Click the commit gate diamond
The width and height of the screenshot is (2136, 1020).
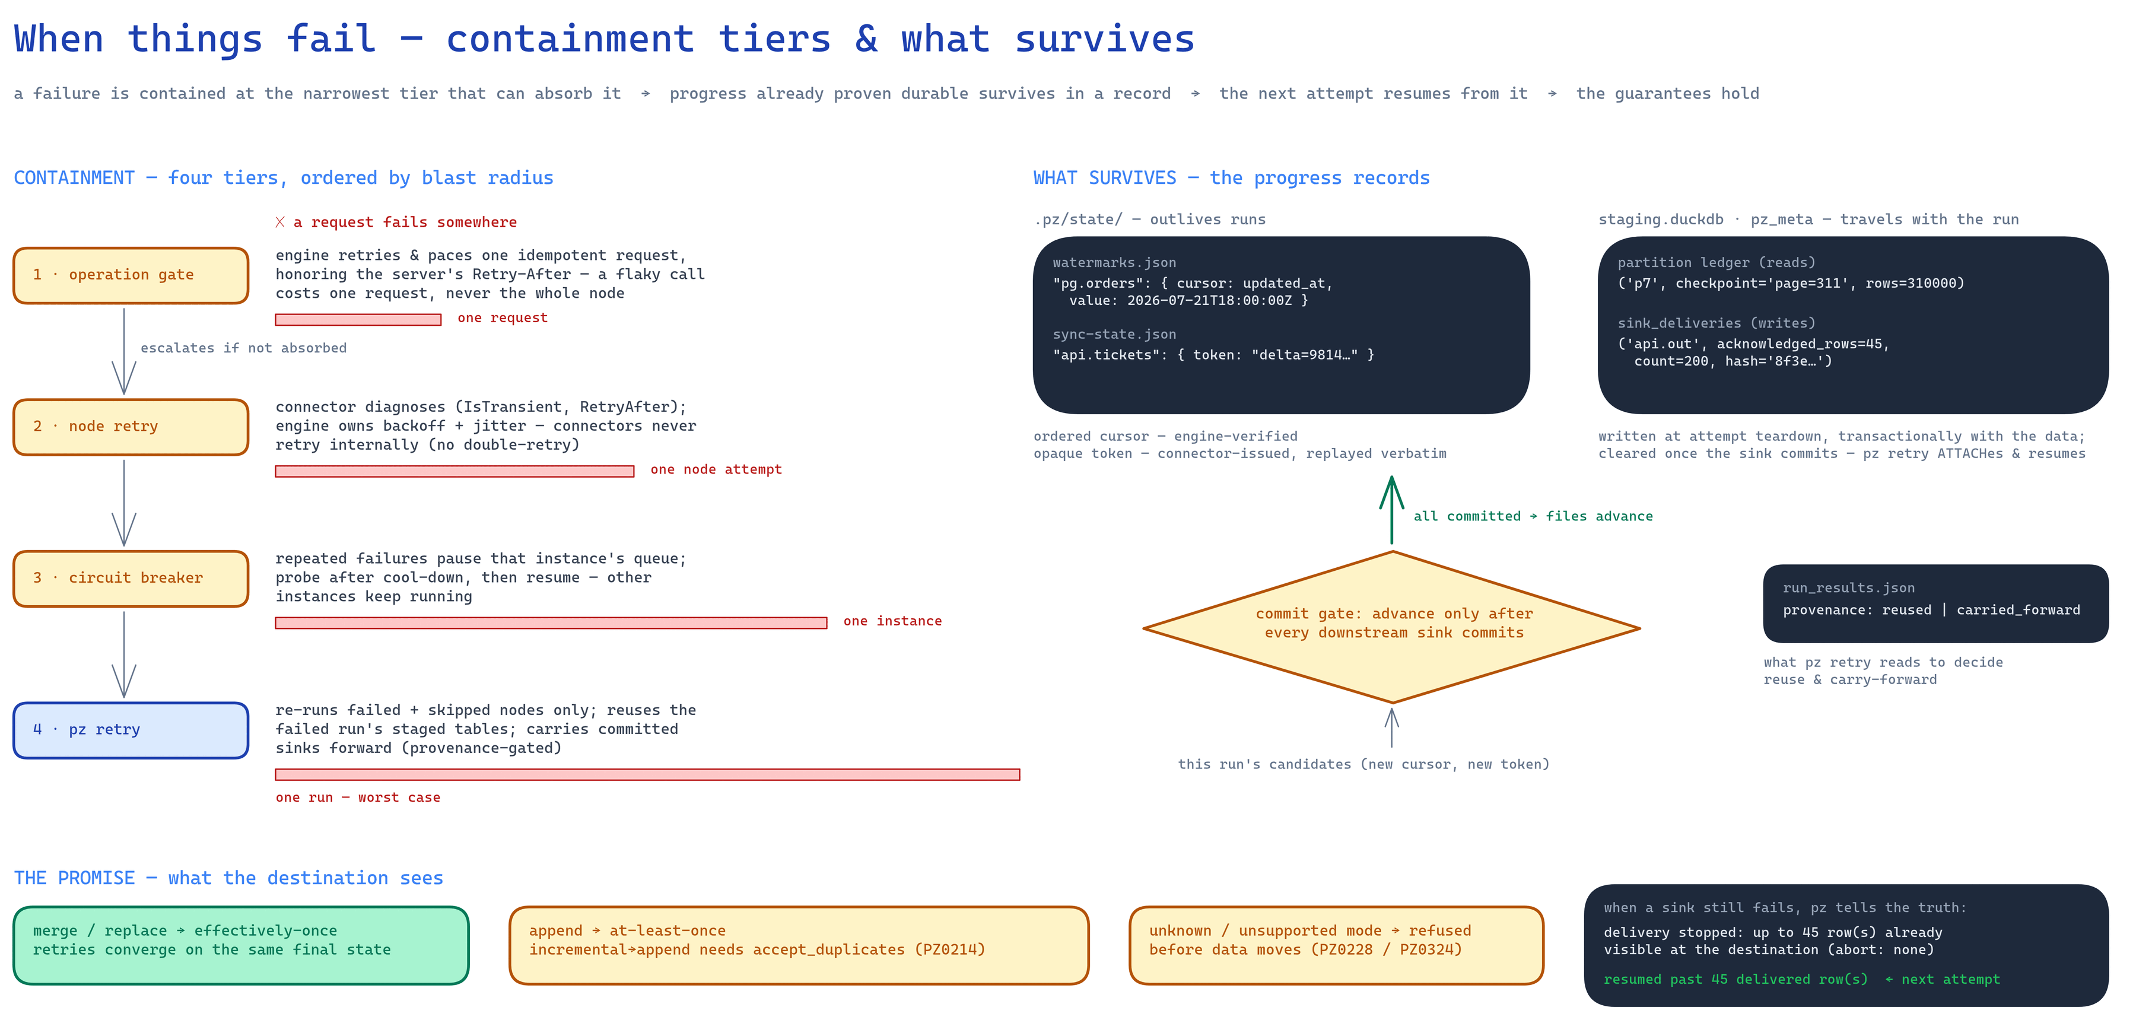pyautogui.click(x=1391, y=628)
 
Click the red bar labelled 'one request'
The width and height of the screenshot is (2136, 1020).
pyautogui.click(x=358, y=319)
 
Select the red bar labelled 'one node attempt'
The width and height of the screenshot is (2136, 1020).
pyautogui.click(x=454, y=471)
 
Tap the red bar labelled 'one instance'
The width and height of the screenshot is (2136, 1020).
pyautogui.click(x=551, y=623)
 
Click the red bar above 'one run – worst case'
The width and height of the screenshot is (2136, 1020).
pyautogui.click(x=647, y=774)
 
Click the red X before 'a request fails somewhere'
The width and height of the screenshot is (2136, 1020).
pyautogui.click(x=280, y=223)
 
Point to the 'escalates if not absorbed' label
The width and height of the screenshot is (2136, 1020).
pyautogui.click(x=244, y=348)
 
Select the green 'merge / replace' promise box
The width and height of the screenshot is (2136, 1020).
pyautogui.click(x=241, y=945)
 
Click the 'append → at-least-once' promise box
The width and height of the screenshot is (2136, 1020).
pyautogui.click(x=799, y=945)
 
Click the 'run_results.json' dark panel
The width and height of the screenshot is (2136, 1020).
pyautogui.click(x=1935, y=603)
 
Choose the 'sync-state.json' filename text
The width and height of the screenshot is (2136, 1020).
pyautogui.click(x=1114, y=334)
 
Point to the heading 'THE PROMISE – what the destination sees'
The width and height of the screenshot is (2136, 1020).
pyautogui.click(x=229, y=878)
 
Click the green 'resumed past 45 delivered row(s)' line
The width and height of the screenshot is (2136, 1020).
pyautogui.click(x=1736, y=980)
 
